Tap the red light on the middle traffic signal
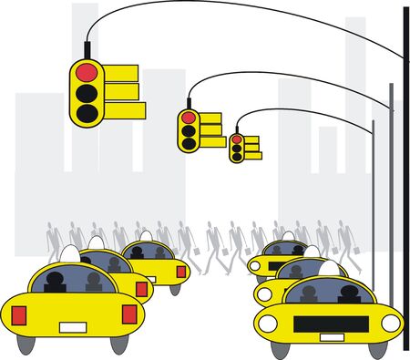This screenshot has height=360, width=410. [189, 118]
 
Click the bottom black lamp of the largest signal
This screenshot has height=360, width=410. [87, 112]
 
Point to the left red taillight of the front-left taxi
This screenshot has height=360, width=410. [19, 314]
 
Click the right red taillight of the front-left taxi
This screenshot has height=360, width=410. [128, 314]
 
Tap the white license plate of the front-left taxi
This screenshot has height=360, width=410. [74, 326]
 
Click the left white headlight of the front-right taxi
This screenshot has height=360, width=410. [267, 324]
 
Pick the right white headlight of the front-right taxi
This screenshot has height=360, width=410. [390, 323]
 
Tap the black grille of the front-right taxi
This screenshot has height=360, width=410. [329, 324]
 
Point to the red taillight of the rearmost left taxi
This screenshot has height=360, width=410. [180, 272]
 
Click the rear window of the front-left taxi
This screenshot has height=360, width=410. [74, 280]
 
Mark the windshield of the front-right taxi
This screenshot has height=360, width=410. [329, 292]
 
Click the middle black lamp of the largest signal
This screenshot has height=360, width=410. [87, 92]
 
